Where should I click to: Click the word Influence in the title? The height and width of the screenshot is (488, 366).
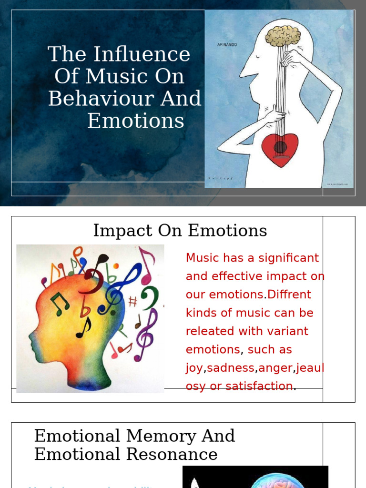pyautogui.click(x=142, y=54)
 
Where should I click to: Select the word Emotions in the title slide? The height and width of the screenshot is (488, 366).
pyautogui.click(x=135, y=121)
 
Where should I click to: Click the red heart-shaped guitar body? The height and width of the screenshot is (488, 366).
pyautogui.click(x=280, y=149)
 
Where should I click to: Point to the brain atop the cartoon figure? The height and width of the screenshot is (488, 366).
pyautogui.click(x=283, y=36)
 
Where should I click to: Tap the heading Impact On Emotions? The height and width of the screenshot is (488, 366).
pyautogui.click(x=180, y=231)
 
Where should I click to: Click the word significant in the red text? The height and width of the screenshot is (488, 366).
pyautogui.click(x=289, y=258)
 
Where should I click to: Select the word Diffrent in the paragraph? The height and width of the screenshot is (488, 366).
pyautogui.click(x=289, y=295)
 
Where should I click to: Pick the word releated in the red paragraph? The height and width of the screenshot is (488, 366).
pyautogui.click(x=207, y=331)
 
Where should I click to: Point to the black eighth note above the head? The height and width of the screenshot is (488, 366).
pyautogui.click(x=101, y=262)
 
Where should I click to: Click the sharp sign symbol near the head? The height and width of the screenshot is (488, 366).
pyautogui.click(x=133, y=301)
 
